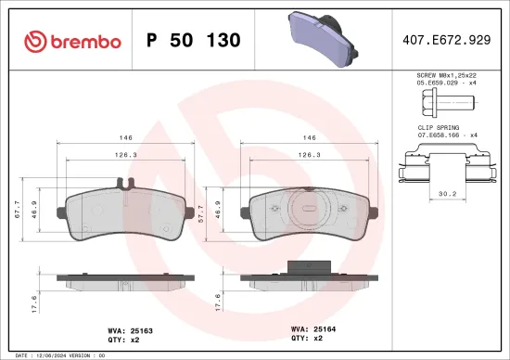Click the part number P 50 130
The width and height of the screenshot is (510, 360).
[x=194, y=41]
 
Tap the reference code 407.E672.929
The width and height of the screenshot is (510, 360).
[x=447, y=41]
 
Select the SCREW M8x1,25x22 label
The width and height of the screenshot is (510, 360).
[x=447, y=74]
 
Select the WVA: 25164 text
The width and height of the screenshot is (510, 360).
[x=312, y=328]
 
